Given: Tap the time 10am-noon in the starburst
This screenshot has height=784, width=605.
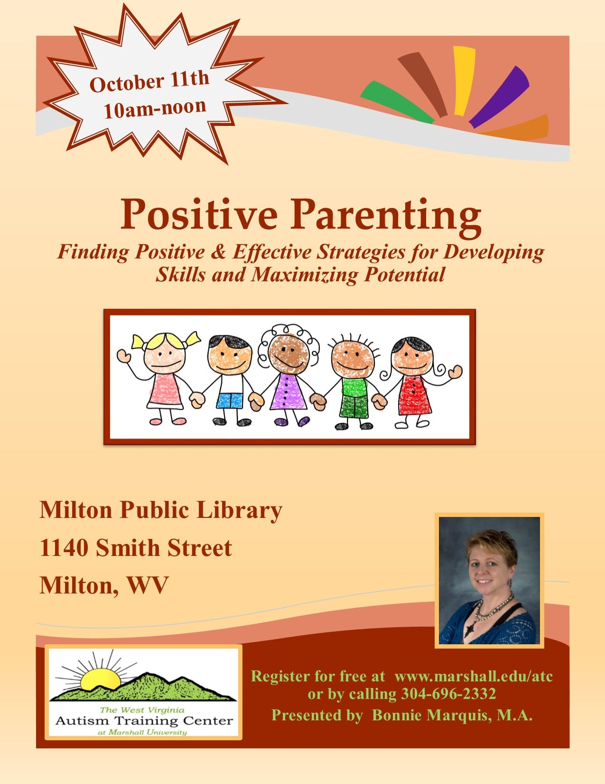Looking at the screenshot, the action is pyautogui.click(x=155, y=108).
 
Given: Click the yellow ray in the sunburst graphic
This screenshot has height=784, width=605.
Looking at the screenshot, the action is pyautogui.click(x=464, y=81).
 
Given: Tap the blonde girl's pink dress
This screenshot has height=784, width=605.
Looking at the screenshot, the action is pyautogui.click(x=165, y=389).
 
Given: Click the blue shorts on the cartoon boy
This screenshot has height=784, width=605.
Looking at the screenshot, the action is pyautogui.click(x=230, y=401).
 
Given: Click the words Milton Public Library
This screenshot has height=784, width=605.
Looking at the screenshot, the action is pyautogui.click(x=161, y=511).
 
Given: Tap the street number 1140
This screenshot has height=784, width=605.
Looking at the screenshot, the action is pyautogui.click(x=64, y=548).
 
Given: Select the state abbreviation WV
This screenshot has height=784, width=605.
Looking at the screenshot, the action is pyautogui.click(x=147, y=585).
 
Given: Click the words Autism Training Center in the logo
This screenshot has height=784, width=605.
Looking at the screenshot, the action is pyautogui.click(x=144, y=721).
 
